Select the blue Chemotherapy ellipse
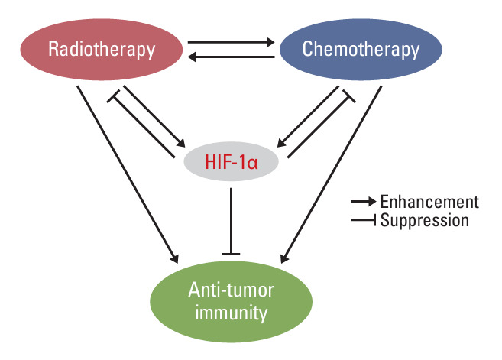coord(361,50)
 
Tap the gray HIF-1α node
coord(232,162)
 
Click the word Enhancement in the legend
coord(429,202)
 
